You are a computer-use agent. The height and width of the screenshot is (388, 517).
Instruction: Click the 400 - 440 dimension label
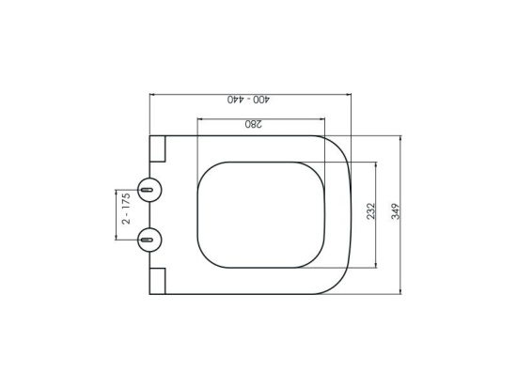coord(248,100)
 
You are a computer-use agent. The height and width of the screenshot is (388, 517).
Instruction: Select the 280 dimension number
coord(254,124)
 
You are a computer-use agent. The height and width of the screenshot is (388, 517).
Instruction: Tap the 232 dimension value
coord(371,211)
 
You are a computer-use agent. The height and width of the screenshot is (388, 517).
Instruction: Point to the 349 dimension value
coord(396,211)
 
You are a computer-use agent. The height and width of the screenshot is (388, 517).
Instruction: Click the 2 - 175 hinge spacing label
coord(126,209)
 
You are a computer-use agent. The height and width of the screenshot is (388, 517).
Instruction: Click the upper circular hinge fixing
coord(149,190)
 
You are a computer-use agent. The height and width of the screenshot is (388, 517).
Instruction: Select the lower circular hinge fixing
coord(149,240)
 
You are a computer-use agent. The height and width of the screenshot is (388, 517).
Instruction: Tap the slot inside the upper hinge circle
coord(147,190)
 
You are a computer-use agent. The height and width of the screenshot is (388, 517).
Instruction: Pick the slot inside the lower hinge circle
coord(147,240)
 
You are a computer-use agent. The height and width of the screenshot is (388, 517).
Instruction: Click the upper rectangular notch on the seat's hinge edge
coord(157,148)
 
